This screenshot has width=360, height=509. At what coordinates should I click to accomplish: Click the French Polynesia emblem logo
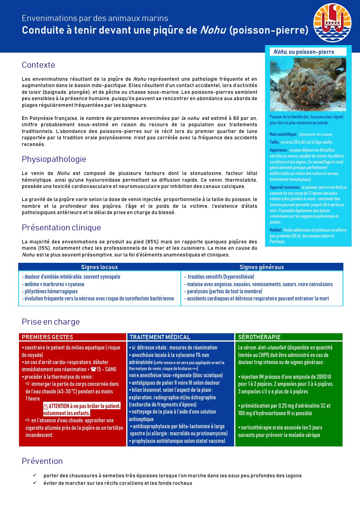332,23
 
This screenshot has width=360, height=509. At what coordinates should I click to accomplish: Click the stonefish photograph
308,84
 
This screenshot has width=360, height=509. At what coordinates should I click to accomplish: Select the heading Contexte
38,65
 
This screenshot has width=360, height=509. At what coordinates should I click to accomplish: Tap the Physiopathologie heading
54,159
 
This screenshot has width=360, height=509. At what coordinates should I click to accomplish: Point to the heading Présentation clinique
61,228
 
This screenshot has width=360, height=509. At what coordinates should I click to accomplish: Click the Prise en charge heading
51,322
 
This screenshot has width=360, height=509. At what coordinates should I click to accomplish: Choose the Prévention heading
42,461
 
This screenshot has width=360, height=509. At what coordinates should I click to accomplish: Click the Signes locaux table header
99,267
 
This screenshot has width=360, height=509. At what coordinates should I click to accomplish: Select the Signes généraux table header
261,267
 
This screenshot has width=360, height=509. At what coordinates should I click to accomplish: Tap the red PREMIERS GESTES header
47,337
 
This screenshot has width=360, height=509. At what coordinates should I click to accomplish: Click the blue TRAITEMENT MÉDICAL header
160,337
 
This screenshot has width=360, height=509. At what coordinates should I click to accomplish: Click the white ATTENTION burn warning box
82,410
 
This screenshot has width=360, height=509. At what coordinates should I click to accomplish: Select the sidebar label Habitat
275,230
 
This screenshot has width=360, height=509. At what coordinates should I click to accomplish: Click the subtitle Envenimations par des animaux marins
95,18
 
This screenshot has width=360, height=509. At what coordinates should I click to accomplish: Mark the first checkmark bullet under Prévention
35,475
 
